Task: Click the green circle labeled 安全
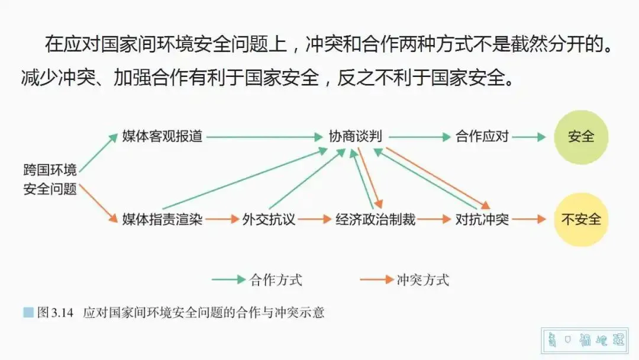581,137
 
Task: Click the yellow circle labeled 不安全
581,219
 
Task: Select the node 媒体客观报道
162,137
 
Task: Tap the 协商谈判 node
356,137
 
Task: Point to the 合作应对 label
482,137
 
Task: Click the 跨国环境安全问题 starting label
50,180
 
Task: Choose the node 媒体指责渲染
162,220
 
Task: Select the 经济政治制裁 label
376,220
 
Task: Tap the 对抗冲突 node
482,220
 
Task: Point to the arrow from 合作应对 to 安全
530,137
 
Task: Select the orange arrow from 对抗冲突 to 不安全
530,220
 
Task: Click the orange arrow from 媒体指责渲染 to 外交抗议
222,220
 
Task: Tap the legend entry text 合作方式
276,279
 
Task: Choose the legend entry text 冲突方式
423,279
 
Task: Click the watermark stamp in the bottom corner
586,341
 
